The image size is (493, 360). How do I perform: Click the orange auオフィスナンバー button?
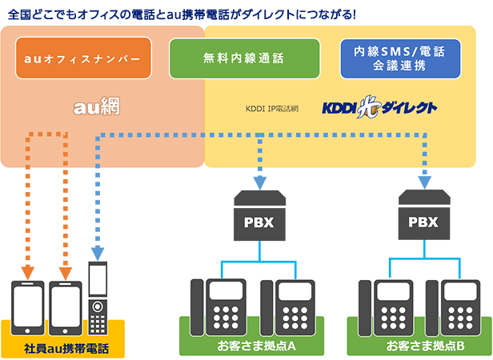pos(82,59)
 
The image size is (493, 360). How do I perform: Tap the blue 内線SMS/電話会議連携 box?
pos(400,59)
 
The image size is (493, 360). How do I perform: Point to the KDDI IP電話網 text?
pos(275,107)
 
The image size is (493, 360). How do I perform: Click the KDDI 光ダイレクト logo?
pos(379,106)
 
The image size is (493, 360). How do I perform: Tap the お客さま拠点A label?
pos(257,346)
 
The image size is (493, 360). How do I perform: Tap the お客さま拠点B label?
pos(425,346)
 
